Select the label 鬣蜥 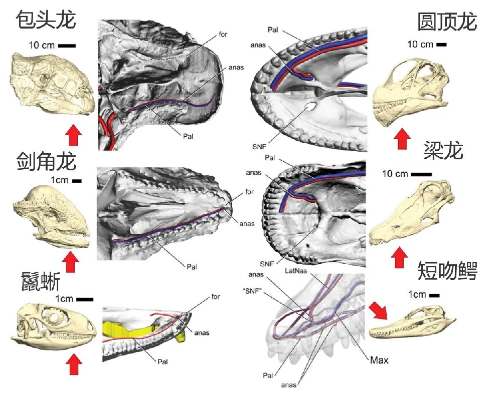tap(40, 282)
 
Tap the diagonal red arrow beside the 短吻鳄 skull tap(379, 311)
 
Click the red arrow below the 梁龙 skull tap(400, 258)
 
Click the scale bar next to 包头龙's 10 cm tap(67, 46)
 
